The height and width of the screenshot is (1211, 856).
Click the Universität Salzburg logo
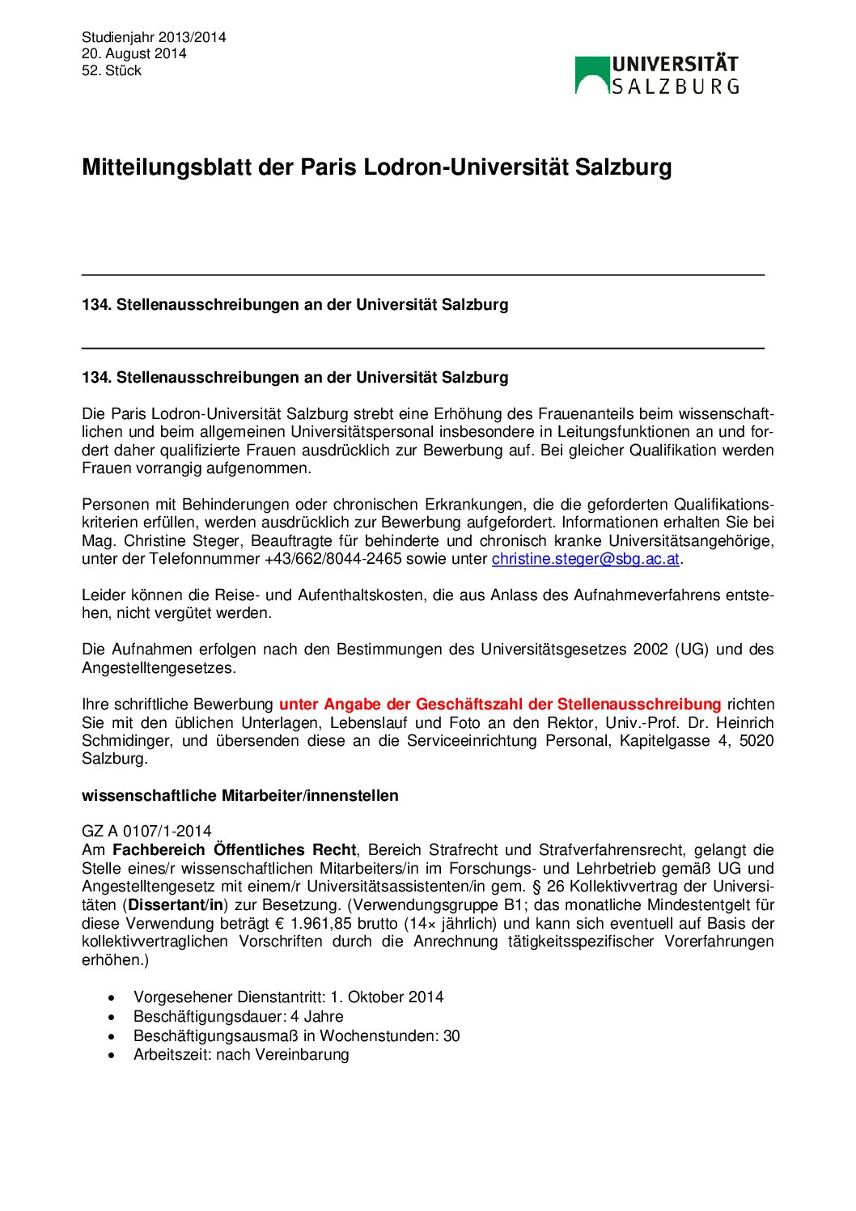point(657,75)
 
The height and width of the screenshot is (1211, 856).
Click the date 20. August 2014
point(134,53)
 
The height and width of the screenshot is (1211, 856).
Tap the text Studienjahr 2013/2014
point(154,37)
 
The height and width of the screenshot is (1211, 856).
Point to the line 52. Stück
point(112,70)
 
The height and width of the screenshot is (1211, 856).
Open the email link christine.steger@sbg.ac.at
point(585,559)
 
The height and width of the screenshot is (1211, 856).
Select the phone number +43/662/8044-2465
point(333,559)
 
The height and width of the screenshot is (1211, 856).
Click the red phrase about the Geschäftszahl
point(499,705)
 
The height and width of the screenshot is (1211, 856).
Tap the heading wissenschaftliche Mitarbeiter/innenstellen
point(239,796)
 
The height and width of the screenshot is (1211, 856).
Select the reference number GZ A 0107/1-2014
point(146,832)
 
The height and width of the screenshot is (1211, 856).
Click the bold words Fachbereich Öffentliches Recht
point(234,850)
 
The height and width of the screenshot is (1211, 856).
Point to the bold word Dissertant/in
point(176,905)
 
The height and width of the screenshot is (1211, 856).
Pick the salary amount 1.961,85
point(322,924)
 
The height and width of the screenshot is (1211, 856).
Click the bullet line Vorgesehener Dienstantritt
point(288,997)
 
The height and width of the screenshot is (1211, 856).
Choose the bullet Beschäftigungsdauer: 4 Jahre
point(238,1017)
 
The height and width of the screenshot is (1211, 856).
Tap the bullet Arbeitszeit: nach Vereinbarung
point(241,1055)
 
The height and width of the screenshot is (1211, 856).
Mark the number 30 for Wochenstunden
point(451,1036)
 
